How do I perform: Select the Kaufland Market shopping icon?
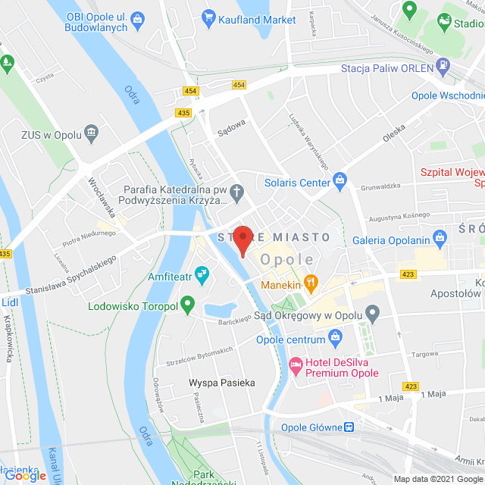coord(209,16)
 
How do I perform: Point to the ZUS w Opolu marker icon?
coord(92,133)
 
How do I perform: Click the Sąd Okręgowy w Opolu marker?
coord(372,312)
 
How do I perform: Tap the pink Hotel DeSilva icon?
coord(296,365)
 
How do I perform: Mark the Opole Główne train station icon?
coord(349,427)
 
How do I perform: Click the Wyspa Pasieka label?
coord(222,383)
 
